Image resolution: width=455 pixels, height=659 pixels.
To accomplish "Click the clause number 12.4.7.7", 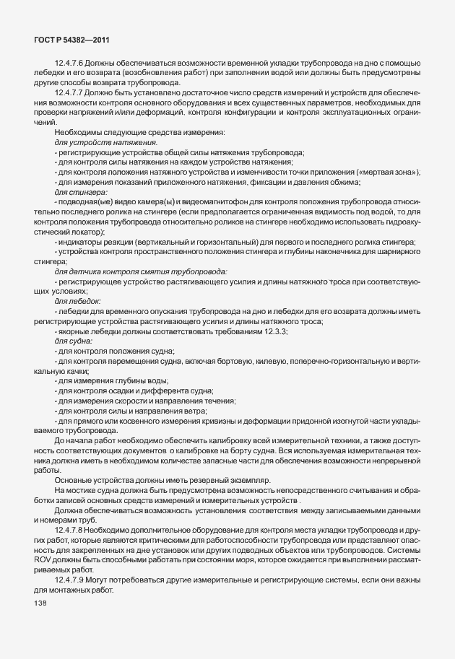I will (71, 94).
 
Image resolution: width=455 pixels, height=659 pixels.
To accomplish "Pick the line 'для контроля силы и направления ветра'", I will (132, 410).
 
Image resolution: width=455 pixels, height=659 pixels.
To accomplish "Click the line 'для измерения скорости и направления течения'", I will (147, 400).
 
